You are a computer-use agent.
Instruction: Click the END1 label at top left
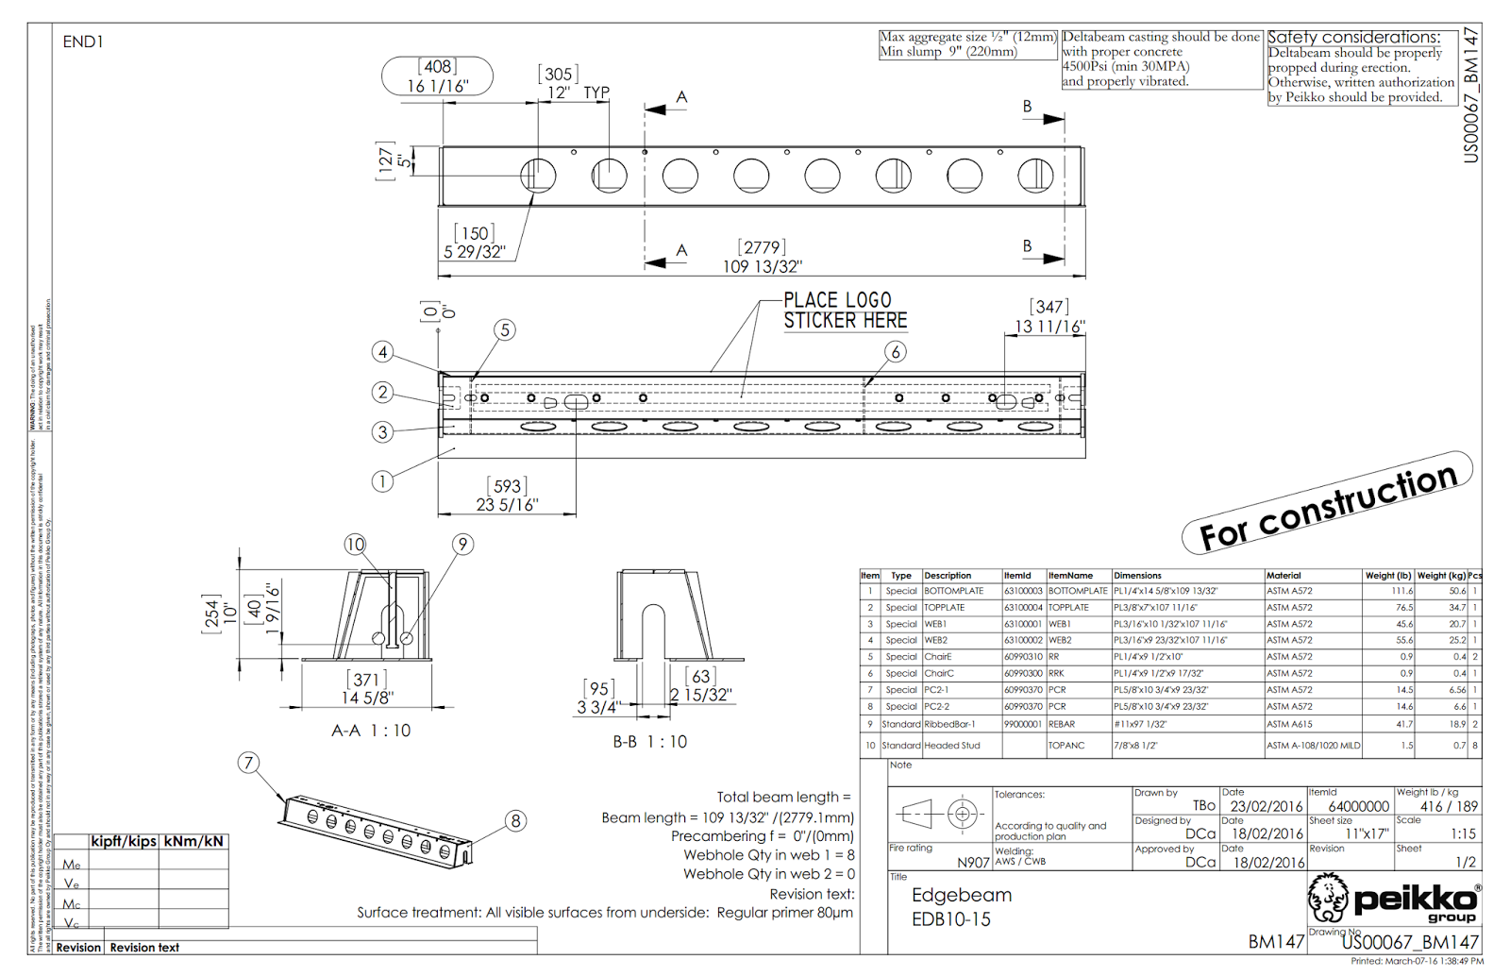pyautogui.click(x=83, y=42)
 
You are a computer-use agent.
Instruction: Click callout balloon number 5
pyautogui.click(x=505, y=329)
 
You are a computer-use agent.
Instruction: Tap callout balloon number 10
pyautogui.click(x=355, y=545)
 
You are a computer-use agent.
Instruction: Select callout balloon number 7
pyautogui.click(x=248, y=763)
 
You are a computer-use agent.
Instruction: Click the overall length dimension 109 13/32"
pyautogui.click(x=762, y=266)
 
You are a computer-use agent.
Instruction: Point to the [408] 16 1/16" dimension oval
pyautogui.click(x=437, y=76)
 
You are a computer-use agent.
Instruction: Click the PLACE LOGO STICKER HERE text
pyautogui.click(x=844, y=311)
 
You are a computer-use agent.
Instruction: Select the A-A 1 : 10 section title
pyautogui.click(x=371, y=731)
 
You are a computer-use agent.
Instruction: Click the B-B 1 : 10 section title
pyautogui.click(x=649, y=742)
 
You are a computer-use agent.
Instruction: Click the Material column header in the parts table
pyautogui.click(x=1283, y=575)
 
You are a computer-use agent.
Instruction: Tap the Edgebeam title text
pyautogui.click(x=961, y=895)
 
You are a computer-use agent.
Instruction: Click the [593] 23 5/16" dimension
pyautogui.click(x=507, y=496)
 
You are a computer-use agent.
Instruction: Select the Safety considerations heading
pyautogui.click(x=1353, y=37)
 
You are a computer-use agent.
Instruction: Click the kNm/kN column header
pyautogui.click(x=193, y=841)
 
